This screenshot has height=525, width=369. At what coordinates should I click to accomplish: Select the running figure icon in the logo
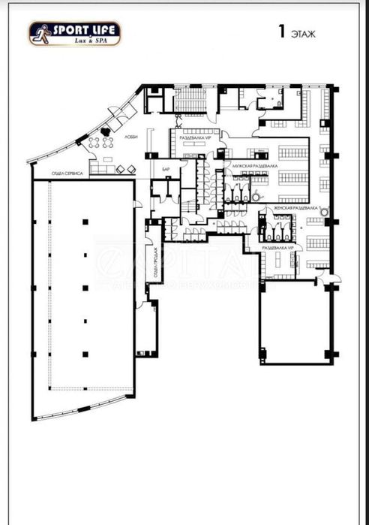coord(40,34)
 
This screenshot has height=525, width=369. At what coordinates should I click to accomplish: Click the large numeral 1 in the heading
coord(281,32)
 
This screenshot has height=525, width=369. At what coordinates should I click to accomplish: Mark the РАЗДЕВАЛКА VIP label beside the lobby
coord(192,137)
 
